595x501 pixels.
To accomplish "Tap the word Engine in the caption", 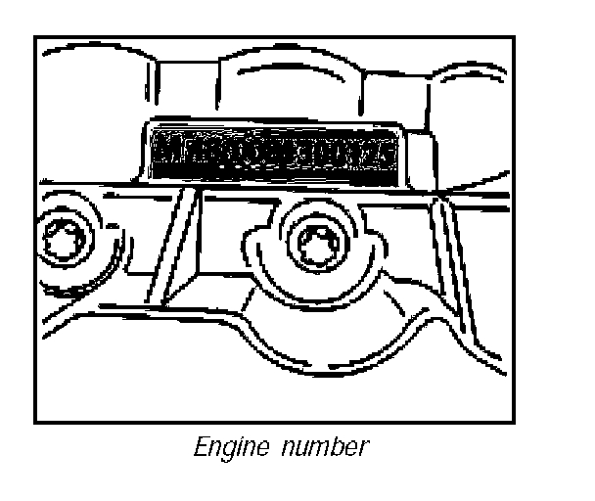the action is [x=224, y=448].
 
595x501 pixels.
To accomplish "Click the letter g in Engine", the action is [x=225, y=451].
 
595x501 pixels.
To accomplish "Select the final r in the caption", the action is [x=364, y=450].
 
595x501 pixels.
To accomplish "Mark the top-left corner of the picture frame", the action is [x=35, y=37].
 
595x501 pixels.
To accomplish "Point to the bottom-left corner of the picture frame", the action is [x=35, y=423].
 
